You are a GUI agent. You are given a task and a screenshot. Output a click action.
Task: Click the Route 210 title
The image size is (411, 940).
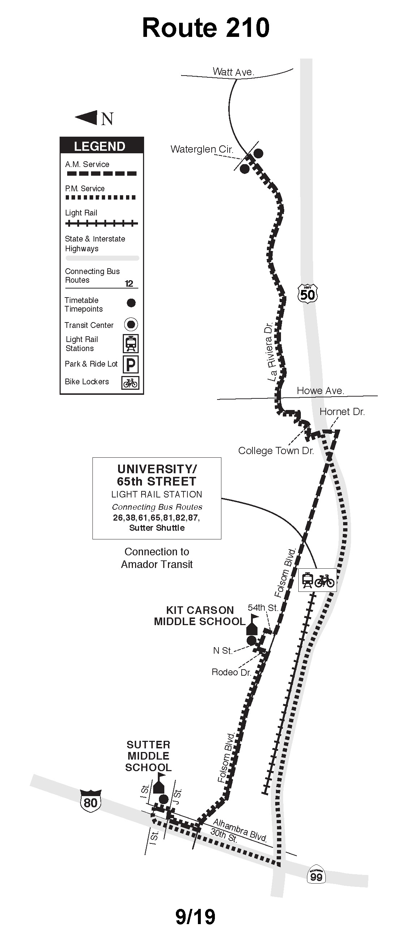[x=206, y=28]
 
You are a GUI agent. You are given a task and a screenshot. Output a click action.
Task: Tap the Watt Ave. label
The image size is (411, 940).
[x=233, y=72]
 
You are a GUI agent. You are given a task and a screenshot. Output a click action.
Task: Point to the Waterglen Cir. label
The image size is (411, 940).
[x=202, y=149]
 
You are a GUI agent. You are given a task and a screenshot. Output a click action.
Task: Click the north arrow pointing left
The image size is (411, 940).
[x=86, y=117]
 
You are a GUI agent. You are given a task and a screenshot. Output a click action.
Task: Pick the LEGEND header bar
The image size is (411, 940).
[x=102, y=146]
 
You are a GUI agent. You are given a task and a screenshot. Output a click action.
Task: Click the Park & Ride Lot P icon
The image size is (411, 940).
[x=130, y=364]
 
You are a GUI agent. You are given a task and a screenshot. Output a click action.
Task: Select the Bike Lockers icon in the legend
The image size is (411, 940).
[x=130, y=383]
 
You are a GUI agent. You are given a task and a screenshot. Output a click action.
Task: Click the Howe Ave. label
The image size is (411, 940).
[x=320, y=391]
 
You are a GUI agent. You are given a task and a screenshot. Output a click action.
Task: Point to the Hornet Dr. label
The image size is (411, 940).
[x=342, y=412]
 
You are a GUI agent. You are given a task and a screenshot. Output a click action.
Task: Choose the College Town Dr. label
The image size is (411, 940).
[x=276, y=451]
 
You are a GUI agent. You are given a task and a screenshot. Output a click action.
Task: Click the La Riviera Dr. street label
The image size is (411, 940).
[x=271, y=352]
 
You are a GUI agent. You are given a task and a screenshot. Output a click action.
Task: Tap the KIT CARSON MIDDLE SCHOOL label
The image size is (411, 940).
[x=199, y=616]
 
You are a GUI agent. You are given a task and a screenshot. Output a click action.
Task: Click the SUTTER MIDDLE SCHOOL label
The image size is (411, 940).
[x=148, y=756]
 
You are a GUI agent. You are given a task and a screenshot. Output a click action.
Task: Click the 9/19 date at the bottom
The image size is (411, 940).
[x=195, y=916]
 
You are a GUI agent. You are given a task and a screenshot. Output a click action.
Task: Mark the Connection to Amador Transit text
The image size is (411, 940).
[x=157, y=558]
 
